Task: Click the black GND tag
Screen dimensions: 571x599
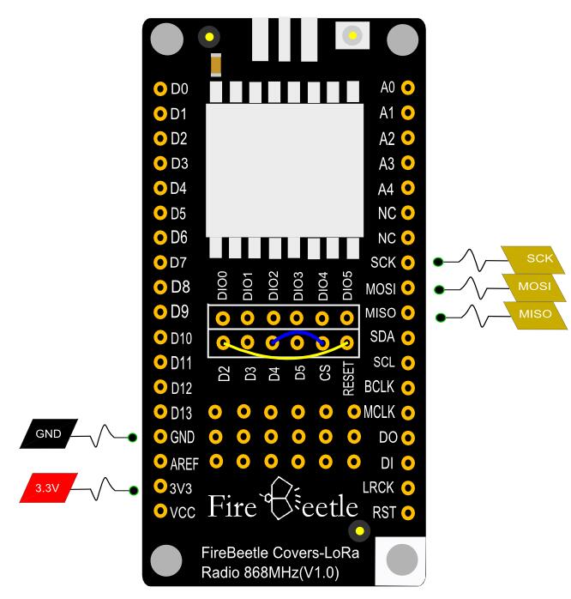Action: (50, 434)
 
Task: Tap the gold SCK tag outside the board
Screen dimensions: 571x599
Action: (538, 258)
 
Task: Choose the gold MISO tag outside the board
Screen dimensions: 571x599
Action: (534, 315)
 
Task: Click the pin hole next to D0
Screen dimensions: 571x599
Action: (159, 88)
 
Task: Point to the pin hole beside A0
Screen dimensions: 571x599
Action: (408, 87)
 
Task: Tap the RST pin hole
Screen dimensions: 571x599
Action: (408, 513)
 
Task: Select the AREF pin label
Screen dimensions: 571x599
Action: (184, 463)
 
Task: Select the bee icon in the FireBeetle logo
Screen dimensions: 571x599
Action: (283, 497)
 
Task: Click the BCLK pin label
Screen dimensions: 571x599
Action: (378, 386)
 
